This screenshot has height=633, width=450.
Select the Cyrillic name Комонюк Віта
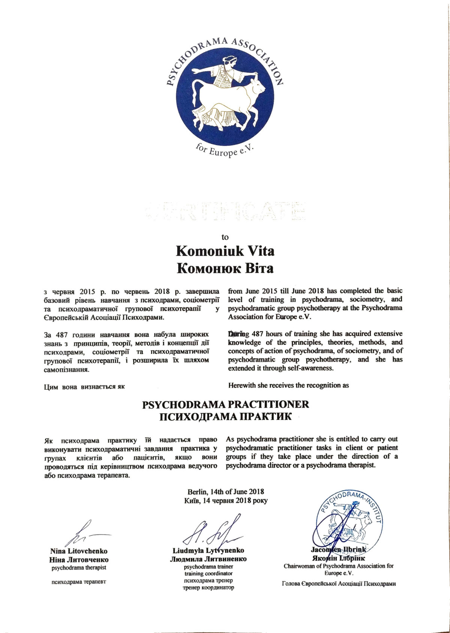pyautogui.click(x=225, y=268)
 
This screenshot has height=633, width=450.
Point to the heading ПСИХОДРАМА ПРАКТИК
pyautogui.click(x=225, y=417)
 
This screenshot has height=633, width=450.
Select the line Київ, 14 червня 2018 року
pyautogui.click(x=226, y=501)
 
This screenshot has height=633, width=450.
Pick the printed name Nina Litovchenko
pyautogui.click(x=79, y=551)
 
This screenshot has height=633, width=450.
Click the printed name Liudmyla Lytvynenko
pyautogui.click(x=208, y=550)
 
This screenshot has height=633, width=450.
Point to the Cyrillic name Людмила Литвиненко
pyautogui.click(x=208, y=559)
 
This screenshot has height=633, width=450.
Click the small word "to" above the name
pyautogui.click(x=225, y=237)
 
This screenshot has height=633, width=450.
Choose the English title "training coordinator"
pyautogui.click(x=208, y=573)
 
